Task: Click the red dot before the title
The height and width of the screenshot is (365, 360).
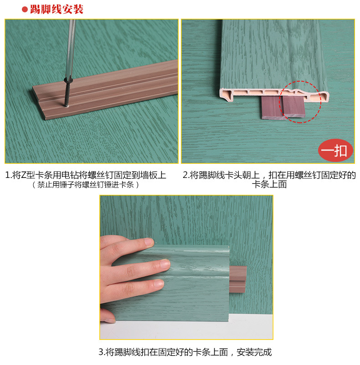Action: point(25,10)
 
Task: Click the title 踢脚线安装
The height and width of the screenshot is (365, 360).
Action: point(57,9)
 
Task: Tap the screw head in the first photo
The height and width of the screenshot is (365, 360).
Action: point(68,81)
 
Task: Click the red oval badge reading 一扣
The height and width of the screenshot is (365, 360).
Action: point(335,151)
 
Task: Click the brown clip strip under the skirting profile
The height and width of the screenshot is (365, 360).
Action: point(283,107)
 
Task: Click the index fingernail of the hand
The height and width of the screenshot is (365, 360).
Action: point(149,242)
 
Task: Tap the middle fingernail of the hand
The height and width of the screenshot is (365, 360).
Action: point(165,264)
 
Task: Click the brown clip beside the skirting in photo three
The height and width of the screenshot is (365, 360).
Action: point(238,279)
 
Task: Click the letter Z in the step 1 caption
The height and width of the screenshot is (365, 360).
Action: point(23,175)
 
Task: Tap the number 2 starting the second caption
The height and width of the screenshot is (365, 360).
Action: point(185,175)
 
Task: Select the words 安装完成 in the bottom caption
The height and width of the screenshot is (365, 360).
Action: point(254,352)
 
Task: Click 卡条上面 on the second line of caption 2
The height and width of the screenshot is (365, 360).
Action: point(269,184)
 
